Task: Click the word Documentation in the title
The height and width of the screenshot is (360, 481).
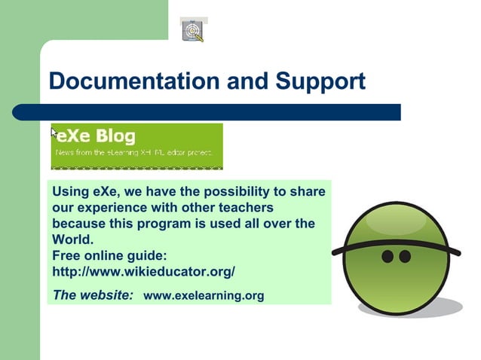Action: pos(124,81)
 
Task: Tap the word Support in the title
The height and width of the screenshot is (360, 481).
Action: pos(320,81)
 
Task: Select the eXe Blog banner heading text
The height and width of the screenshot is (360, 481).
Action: pos(97,136)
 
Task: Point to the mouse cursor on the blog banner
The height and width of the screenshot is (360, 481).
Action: pos(54,132)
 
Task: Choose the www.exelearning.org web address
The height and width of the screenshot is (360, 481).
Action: pos(204,295)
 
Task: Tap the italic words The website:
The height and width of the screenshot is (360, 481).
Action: pos(93,294)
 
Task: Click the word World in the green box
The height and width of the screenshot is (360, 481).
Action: pos(72,240)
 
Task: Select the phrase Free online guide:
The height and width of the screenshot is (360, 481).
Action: pos(109,255)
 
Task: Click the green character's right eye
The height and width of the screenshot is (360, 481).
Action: pos(405,257)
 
